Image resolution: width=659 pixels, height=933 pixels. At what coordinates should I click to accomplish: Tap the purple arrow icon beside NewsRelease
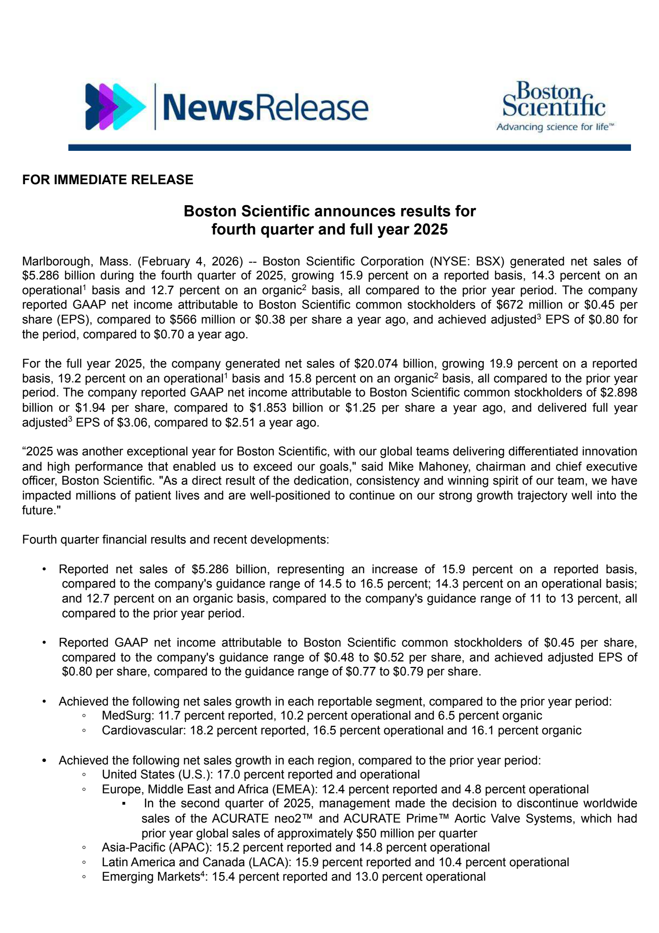(115, 107)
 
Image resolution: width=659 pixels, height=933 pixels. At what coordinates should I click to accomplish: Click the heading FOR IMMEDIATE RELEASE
(107, 180)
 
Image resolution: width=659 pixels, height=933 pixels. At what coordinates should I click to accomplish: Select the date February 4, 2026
(191, 261)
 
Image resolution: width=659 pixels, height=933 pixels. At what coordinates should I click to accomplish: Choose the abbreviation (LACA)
(268, 862)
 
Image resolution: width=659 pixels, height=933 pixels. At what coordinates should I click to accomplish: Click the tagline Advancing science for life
(554, 127)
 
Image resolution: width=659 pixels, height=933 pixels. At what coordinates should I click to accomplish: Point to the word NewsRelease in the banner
(266, 107)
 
